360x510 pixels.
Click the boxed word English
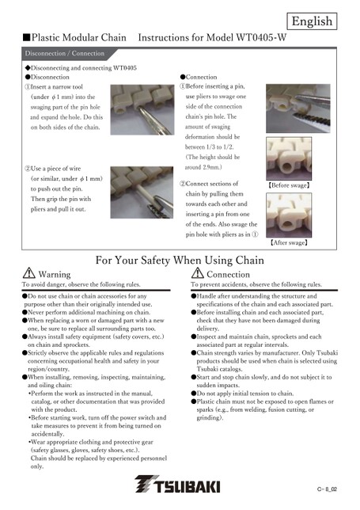tap(312, 21)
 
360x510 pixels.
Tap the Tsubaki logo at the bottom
tap(177, 485)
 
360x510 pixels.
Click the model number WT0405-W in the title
tap(261, 37)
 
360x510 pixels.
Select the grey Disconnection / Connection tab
tap(65, 54)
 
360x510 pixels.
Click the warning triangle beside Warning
tap(29, 273)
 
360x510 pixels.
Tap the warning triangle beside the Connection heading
tap(198, 273)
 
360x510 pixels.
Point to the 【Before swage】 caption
tap(289, 185)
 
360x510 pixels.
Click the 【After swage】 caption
tap(289, 242)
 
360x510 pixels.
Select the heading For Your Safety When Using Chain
tap(180, 261)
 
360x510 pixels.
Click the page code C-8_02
tap(328, 489)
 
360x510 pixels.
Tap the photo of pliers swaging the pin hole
tap(298, 108)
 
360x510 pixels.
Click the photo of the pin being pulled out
tap(142, 192)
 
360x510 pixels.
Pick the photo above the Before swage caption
tap(289, 158)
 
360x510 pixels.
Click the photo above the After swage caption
tap(289, 215)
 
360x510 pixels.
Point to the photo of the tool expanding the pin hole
tap(142, 110)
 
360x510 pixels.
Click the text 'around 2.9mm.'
tap(203, 167)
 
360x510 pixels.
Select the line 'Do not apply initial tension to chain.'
tap(245, 394)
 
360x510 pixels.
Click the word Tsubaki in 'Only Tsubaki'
tap(328, 353)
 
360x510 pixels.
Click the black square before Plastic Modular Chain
tap(26, 37)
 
